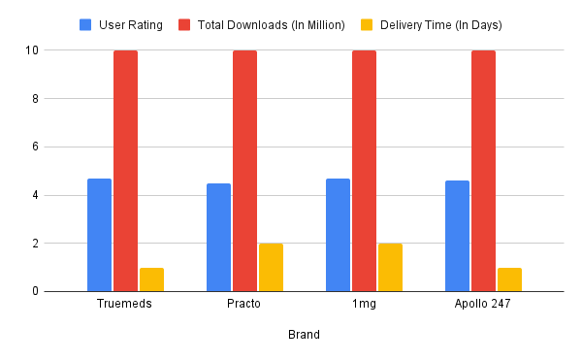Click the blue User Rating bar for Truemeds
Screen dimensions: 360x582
pyautogui.click(x=99, y=235)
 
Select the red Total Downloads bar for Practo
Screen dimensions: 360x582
pyautogui.click(x=244, y=171)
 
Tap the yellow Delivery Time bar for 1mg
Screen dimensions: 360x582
pyautogui.click(x=390, y=267)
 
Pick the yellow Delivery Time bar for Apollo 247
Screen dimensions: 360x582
pyautogui.click(x=509, y=279)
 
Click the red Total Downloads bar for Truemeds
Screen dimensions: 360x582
pyautogui.click(x=125, y=171)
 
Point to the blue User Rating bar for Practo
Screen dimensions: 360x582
pyautogui.click(x=218, y=237)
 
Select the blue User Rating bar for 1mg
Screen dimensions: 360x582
pyautogui.click(x=338, y=235)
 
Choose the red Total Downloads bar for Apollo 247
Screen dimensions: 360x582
pyautogui.click(x=483, y=171)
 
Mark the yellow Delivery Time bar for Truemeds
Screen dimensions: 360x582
pyautogui.click(x=151, y=279)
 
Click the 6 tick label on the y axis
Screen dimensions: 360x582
pyautogui.click(x=35, y=147)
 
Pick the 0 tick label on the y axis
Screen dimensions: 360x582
pyautogui.click(x=35, y=291)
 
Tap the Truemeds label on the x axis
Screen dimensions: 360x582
pyautogui.click(x=125, y=305)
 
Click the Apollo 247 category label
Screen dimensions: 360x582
pyautogui.click(x=483, y=305)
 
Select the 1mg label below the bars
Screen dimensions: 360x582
pyautogui.click(x=364, y=305)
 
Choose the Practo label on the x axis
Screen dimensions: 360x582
pyautogui.click(x=244, y=305)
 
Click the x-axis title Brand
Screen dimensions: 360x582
pyautogui.click(x=304, y=335)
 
